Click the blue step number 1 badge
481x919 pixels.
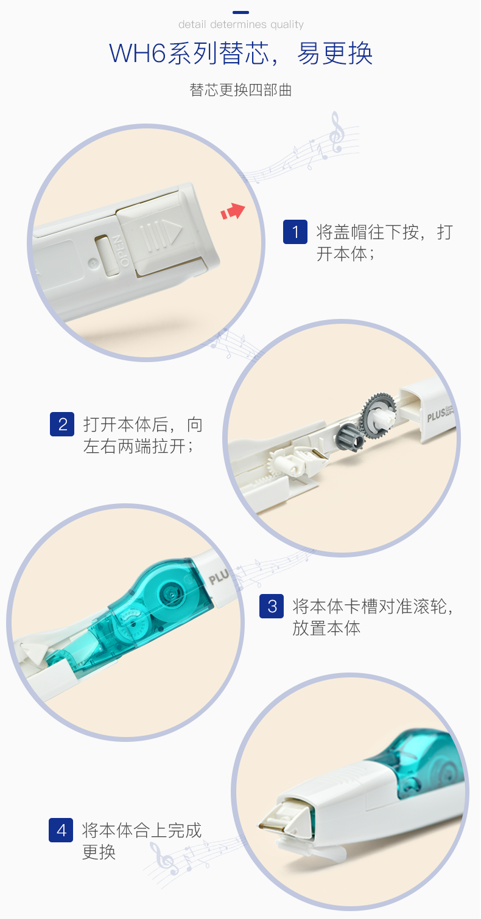tap(295, 232)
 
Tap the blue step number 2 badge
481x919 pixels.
tap(62, 424)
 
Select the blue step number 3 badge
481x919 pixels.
tap(272, 606)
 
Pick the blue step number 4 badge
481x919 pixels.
tap(61, 830)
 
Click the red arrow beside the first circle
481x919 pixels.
tap(233, 211)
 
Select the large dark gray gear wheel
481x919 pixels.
tap(377, 411)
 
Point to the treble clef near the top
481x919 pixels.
tap(337, 131)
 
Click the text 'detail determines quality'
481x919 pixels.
tap(241, 24)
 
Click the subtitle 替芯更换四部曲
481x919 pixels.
tap(240, 90)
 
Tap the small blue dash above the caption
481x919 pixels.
tap(240, 12)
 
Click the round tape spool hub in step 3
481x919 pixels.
tap(171, 594)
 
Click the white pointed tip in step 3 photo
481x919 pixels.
tap(33, 653)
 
